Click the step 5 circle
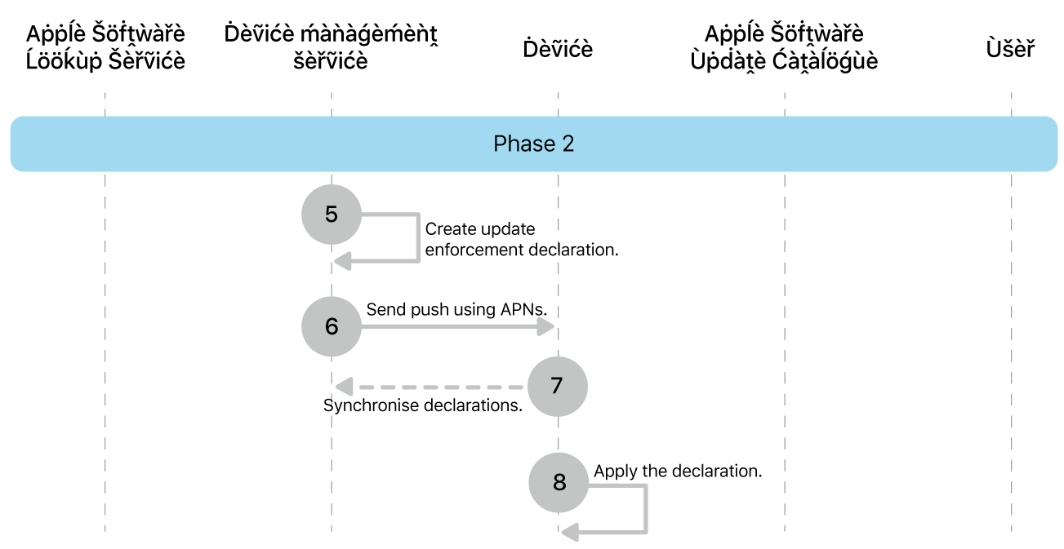click(331, 215)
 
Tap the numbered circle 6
click(331, 326)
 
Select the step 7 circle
click(557, 386)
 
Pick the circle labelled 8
click(559, 482)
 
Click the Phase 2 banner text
click(533, 144)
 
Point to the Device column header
click(558, 49)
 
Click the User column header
click(1010, 49)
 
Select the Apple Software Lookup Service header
click(105, 47)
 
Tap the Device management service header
click(331, 47)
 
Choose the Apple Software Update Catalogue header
click(784, 47)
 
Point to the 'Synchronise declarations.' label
click(423, 405)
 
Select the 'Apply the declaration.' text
click(678, 471)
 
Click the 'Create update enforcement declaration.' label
click(521, 240)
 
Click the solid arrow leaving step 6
click(453, 326)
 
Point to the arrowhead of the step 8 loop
click(570, 533)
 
